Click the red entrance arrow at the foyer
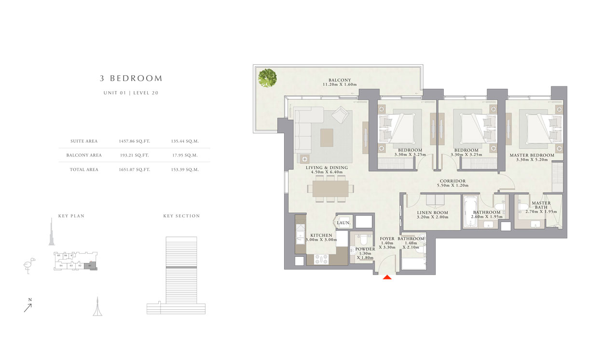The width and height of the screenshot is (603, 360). (x=387, y=277)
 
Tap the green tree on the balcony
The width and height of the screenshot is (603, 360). (x=267, y=78)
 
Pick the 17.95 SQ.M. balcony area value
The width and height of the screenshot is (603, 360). (x=185, y=155)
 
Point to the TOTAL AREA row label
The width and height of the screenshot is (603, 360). (x=85, y=169)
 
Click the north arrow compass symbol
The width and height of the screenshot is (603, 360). (x=28, y=306)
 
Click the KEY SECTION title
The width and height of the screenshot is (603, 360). (x=181, y=216)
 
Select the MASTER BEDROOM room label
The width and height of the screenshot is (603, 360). (x=532, y=155)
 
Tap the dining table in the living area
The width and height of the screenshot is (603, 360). (x=330, y=188)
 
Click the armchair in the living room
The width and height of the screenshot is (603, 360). (x=342, y=115)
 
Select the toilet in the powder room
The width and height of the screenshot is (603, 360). (x=365, y=239)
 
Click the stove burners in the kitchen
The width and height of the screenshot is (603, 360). (x=321, y=259)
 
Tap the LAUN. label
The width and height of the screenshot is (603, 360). (x=343, y=223)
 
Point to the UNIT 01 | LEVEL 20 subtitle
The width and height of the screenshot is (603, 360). (x=131, y=93)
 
